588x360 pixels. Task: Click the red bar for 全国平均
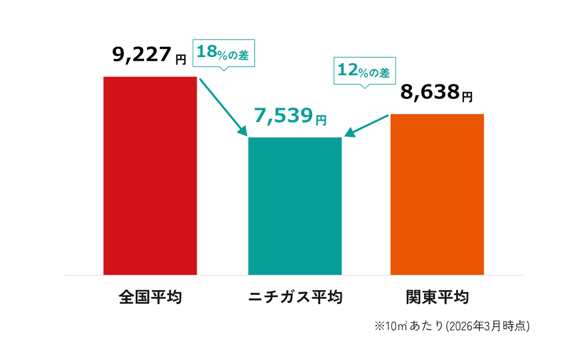150,176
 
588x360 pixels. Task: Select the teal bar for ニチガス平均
295,206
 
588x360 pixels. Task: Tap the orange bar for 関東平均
437,194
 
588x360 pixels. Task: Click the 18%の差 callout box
223,53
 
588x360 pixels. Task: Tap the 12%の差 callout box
364,71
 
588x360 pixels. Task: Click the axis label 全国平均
150,297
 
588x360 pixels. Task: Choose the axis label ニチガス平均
295,297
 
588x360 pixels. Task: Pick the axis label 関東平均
437,297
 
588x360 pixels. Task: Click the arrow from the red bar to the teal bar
223,107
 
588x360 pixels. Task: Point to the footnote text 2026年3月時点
488,326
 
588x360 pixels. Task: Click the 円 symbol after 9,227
180,59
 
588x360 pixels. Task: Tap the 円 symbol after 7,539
321,120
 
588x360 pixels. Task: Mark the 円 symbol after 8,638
467,97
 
